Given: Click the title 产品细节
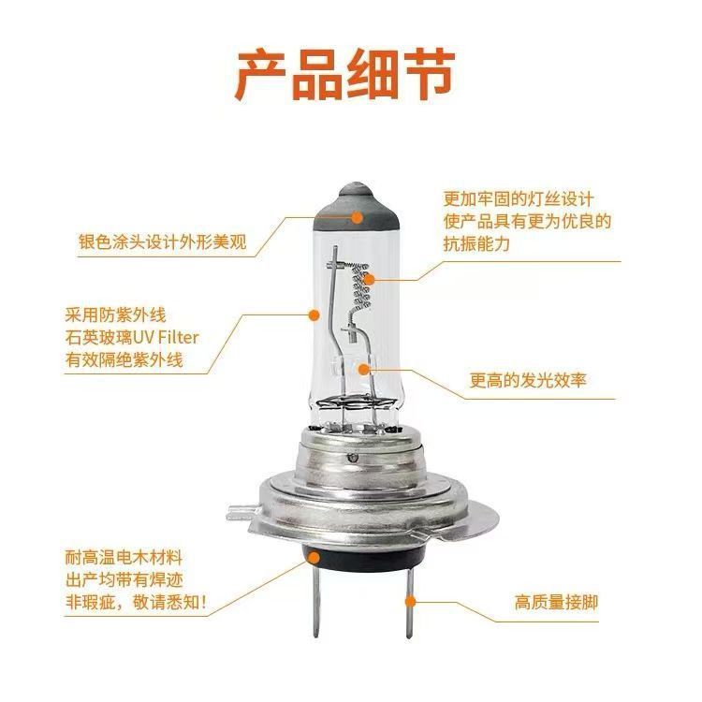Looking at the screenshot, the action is pyautogui.click(x=344, y=76).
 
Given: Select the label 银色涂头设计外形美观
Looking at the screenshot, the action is pyautogui.click(x=163, y=241).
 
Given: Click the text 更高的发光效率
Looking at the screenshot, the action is pyautogui.click(x=528, y=380).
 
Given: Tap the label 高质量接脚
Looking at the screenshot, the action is pyautogui.click(x=556, y=602).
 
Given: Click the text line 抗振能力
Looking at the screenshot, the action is pyautogui.click(x=476, y=243).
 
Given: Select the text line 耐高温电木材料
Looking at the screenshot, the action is pyautogui.click(x=124, y=558).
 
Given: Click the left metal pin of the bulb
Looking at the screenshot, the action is pyautogui.click(x=315, y=600).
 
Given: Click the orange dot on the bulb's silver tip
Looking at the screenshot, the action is pyautogui.click(x=357, y=217).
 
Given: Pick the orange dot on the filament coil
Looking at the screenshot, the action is pyautogui.click(x=369, y=280).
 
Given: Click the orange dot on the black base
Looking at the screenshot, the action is pyautogui.click(x=314, y=558).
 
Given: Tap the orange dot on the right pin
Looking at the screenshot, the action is pyautogui.click(x=410, y=601).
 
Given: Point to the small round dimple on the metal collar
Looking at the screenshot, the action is pyautogui.click(x=353, y=458).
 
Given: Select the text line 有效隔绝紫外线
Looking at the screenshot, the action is pyautogui.click(x=124, y=359).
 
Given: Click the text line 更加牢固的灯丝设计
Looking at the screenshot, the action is pyautogui.click(x=519, y=198).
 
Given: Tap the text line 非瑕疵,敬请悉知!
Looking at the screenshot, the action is pyautogui.click(x=136, y=602).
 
